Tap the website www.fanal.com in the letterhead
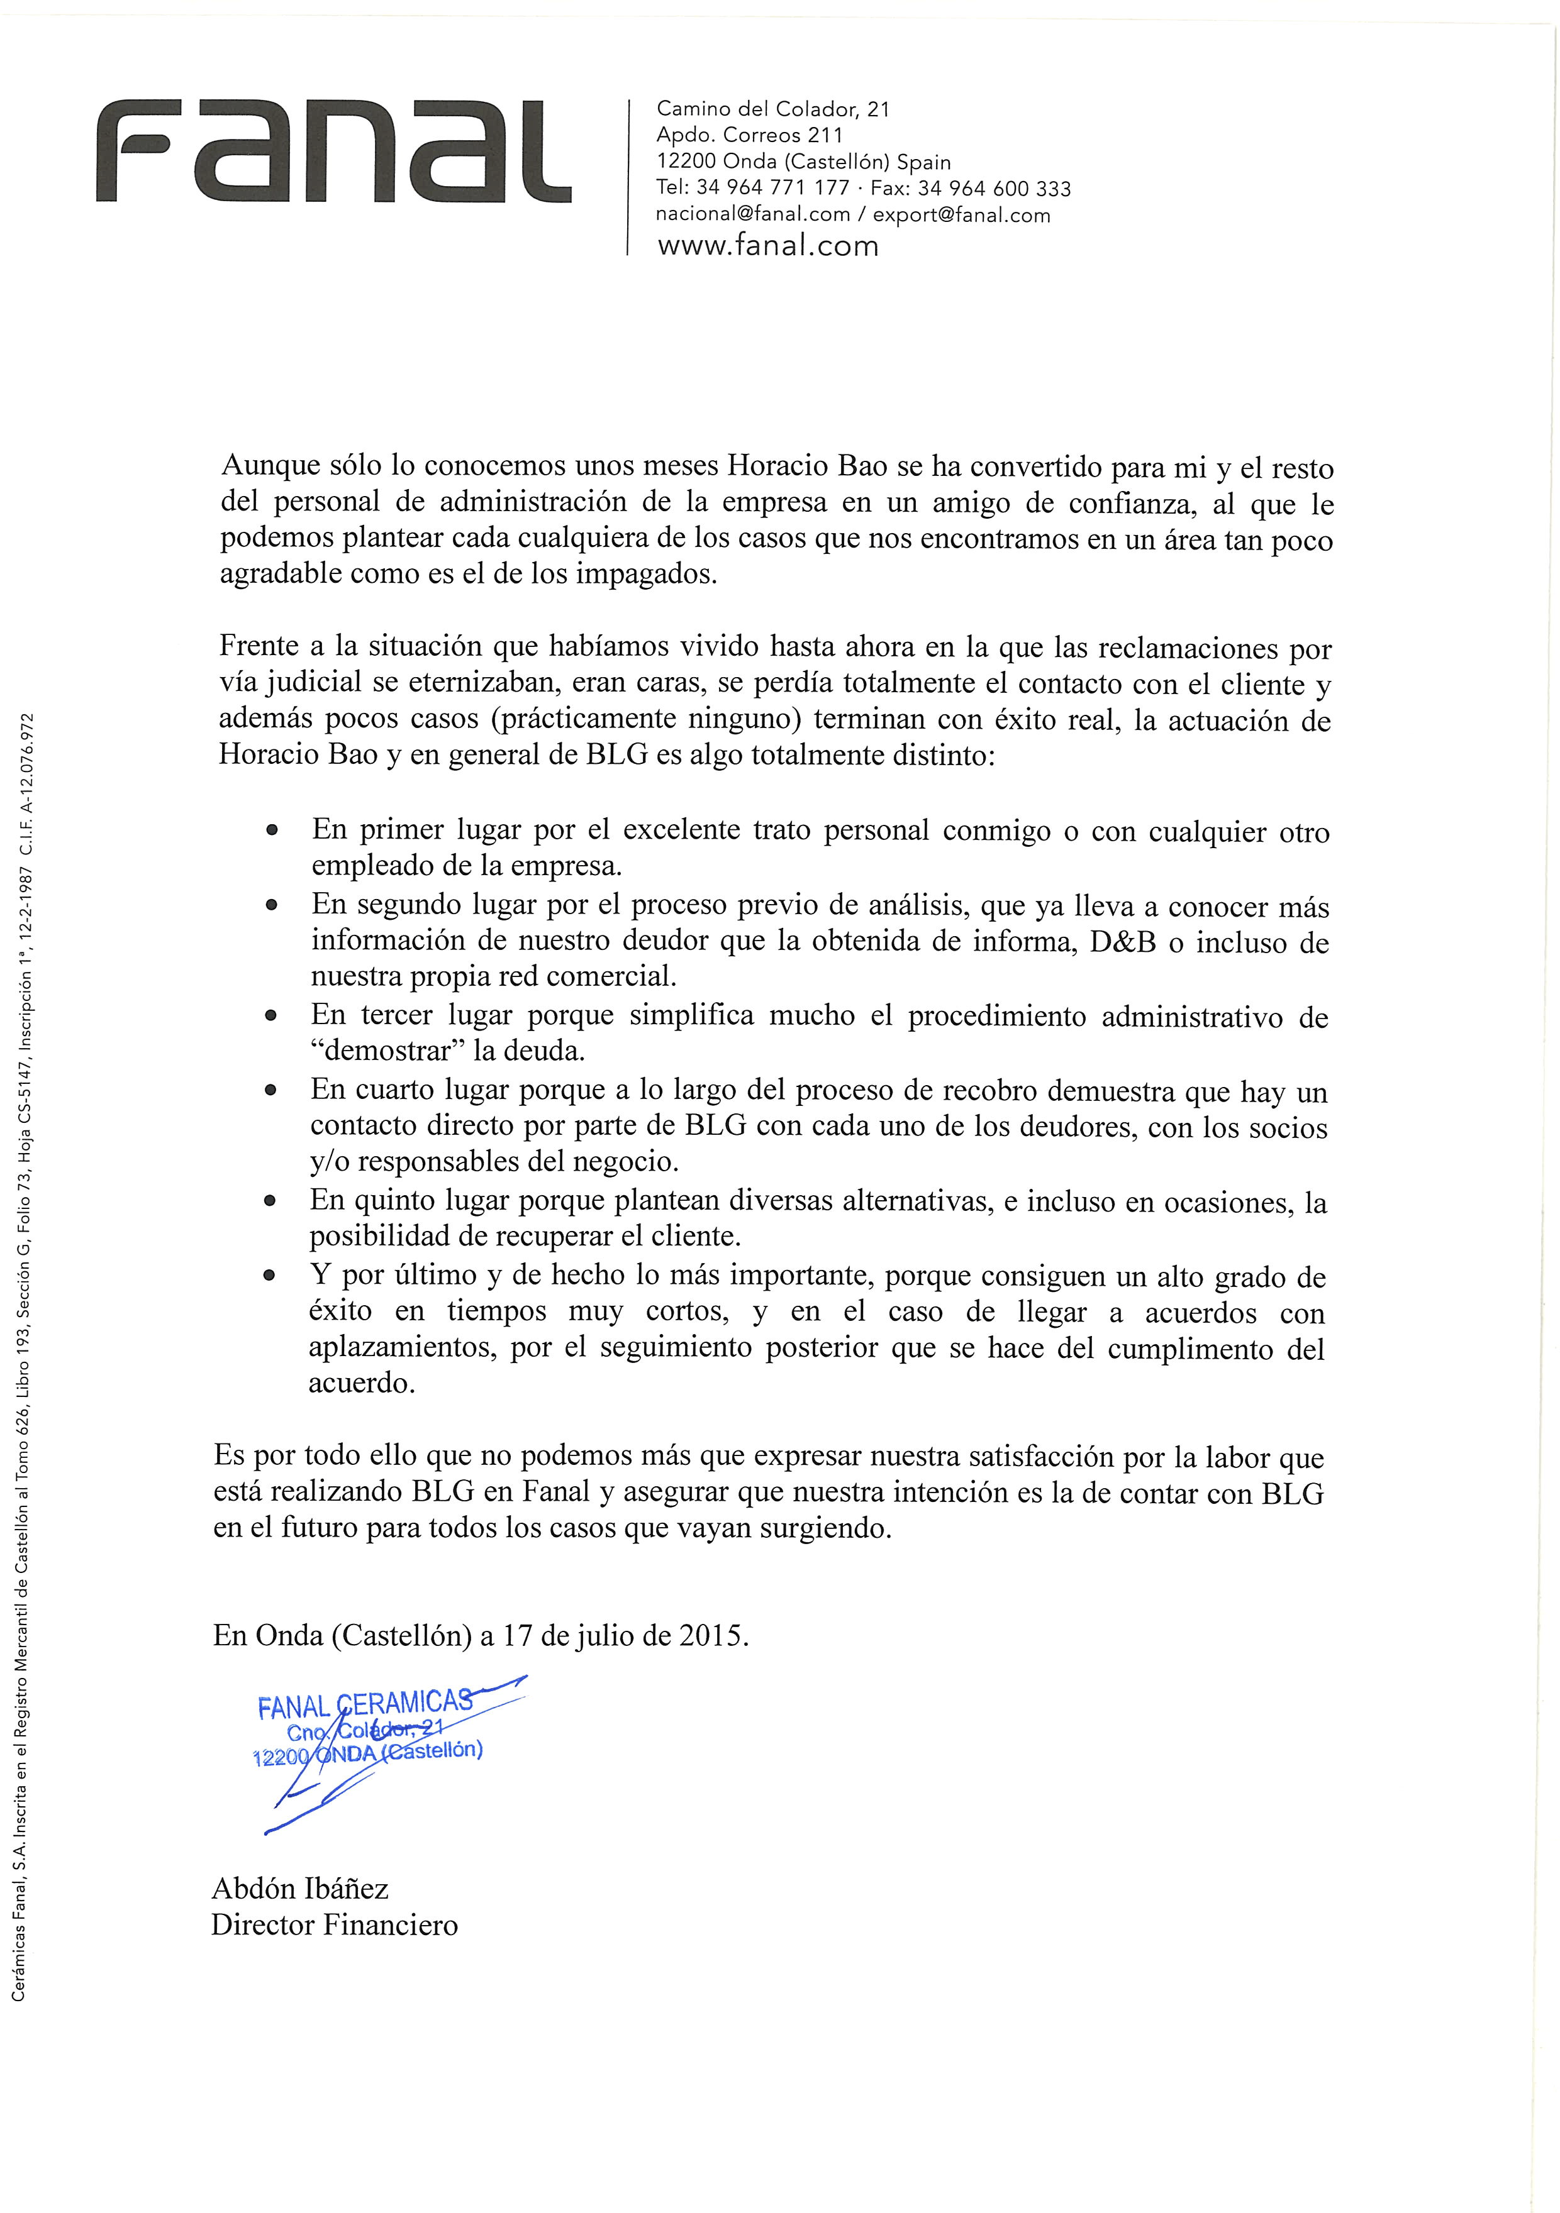click(767, 246)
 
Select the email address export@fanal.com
click(961, 215)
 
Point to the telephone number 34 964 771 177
click(772, 188)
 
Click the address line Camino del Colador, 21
click(772, 109)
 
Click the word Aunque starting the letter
click(269, 466)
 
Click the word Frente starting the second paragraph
click(259, 646)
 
